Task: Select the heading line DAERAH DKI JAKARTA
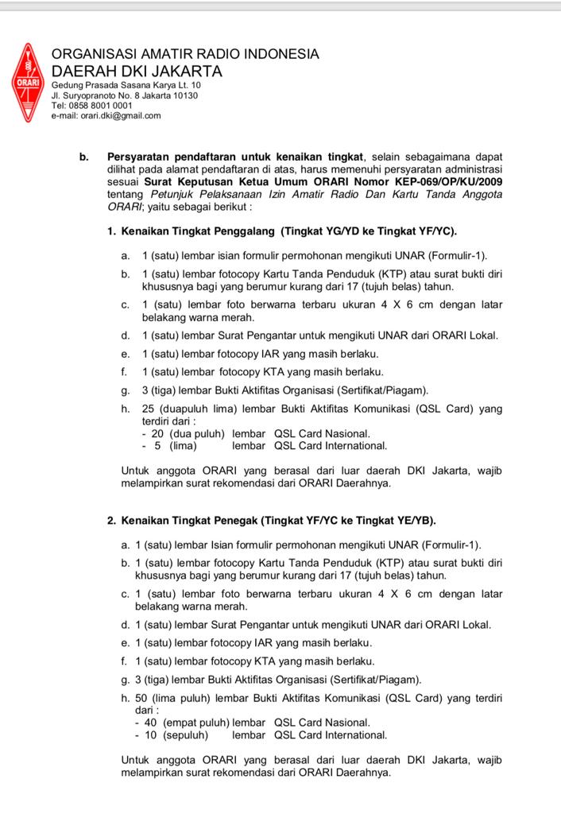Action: pos(137,72)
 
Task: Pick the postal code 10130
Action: pos(185,95)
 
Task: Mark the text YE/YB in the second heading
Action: pos(416,521)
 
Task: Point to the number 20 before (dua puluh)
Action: pos(157,434)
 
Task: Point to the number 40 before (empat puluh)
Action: pos(150,723)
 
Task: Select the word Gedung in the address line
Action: pos(67,85)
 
